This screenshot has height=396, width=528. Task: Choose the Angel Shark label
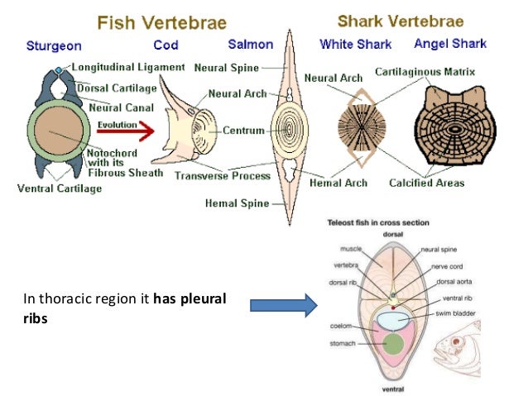click(x=450, y=44)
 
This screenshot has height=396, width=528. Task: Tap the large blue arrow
click(x=283, y=307)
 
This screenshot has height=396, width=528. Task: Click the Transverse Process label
click(x=222, y=175)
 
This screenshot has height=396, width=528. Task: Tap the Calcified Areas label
click(x=426, y=183)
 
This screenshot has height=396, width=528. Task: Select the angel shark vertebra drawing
click(x=451, y=131)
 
